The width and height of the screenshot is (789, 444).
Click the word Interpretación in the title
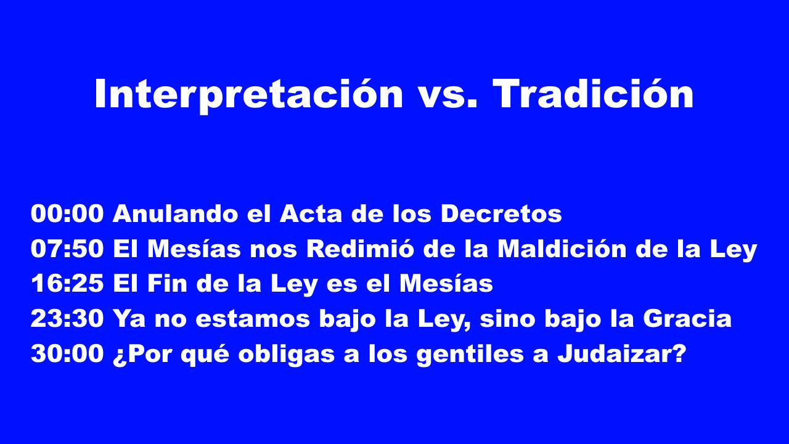(248, 94)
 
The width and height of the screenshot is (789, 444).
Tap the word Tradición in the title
(593, 94)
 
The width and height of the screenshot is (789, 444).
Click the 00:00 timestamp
(67, 214)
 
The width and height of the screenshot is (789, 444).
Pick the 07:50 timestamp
(67, 249)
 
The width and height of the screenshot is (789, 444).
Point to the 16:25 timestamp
(67, 284)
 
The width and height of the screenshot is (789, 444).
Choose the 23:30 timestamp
(67, 319)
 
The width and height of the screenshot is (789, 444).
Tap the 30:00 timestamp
(67, 355)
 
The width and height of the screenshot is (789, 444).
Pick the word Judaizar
(622, 355)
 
